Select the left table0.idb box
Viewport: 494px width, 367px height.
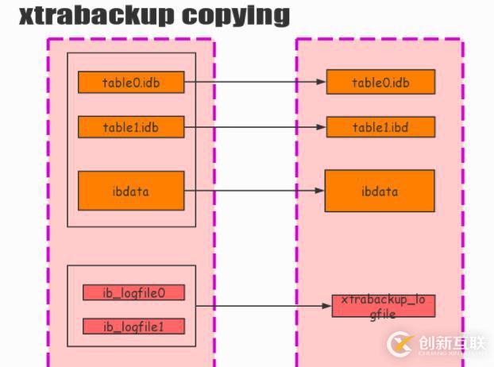[x=131, y=82]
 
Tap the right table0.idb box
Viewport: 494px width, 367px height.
[x=380, y=82]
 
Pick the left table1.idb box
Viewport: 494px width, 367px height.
[x=131, y=126]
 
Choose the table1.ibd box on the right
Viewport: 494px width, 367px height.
[x=380, y=126]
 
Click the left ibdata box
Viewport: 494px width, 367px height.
[x=131, y=191]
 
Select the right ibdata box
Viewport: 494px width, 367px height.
[x=380, y=191]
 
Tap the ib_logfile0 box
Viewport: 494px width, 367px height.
[x=133, y=292]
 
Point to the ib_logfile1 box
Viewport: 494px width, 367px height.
[x=133, y=326]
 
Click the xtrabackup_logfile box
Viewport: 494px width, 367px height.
[x=384, y=306]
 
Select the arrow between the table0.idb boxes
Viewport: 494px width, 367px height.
[x=254, y=81]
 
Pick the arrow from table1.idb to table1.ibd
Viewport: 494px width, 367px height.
[x=254, y=126]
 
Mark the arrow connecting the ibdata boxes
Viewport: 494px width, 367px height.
[x=254, y=191]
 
